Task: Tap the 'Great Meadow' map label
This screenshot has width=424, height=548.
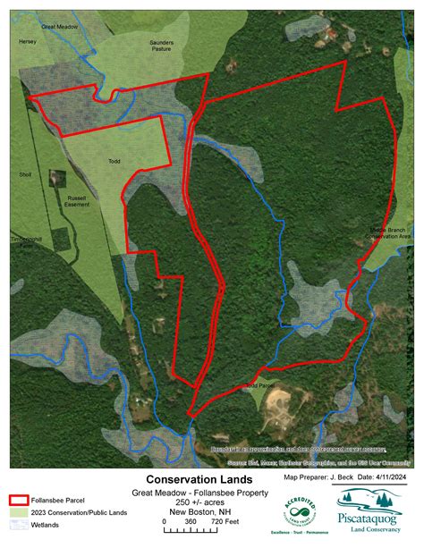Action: coord(62,28)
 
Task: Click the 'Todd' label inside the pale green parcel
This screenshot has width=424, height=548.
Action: coord(114,161)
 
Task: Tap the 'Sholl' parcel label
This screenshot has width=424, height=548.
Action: coord(24,174)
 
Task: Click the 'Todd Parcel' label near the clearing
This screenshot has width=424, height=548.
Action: coord(257,387)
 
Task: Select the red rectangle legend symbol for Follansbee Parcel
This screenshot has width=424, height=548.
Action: coord(22,501)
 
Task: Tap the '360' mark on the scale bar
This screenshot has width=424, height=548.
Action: coord(191,520)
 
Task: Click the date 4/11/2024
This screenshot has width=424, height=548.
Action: coord(390,478)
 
